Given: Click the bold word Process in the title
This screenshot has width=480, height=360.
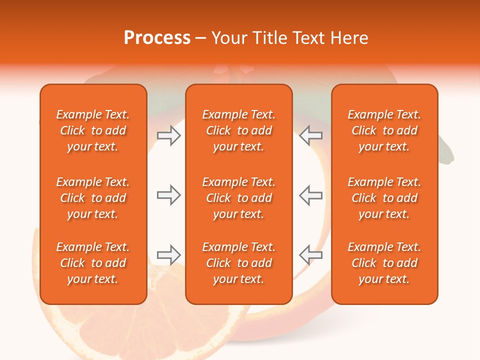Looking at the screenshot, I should [x=157, y=38].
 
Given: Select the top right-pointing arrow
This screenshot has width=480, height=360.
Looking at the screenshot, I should [x=168, y=135].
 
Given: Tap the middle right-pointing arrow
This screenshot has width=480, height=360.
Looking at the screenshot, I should [x=168, y=195].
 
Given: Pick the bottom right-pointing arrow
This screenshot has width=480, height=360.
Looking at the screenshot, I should [x=168, y=255].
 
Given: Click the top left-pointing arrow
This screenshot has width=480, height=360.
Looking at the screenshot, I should [x=310, y=135].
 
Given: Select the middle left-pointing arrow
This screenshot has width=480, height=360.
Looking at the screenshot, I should [x=310, y=195].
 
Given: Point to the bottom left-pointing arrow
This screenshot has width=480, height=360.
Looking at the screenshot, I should [x=310, y=255].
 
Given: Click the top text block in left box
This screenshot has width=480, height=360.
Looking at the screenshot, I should [x=93, y=130].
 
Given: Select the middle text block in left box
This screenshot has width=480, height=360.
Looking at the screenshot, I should [x=93, y=198].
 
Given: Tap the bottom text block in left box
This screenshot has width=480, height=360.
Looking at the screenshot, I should [x=93, y=263].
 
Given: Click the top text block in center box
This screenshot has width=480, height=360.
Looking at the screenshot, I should [x=239, y=130].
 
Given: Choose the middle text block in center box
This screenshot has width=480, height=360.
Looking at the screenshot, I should [x=239, y=198].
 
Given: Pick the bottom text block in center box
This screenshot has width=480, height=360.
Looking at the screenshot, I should [x=239, y=263].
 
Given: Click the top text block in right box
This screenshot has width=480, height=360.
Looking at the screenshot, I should [x=384, y=130].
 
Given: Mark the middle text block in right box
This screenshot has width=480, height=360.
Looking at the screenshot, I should [x=384, y=198].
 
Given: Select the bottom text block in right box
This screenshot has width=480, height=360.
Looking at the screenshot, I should [x=384, y=263].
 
